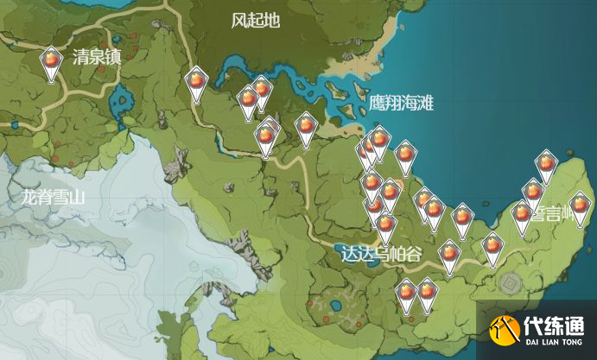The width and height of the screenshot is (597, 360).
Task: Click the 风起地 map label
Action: tap(256, 22)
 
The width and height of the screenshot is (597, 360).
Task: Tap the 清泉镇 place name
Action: tap(96, 58)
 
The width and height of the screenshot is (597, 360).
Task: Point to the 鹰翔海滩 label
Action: tap(400, 103)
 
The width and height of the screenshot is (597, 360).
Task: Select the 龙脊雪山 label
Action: tap(54, 197)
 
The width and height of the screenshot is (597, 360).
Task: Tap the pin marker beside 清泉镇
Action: tap(53, 63)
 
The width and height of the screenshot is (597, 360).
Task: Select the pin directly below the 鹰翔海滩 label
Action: tap(405, 156)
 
